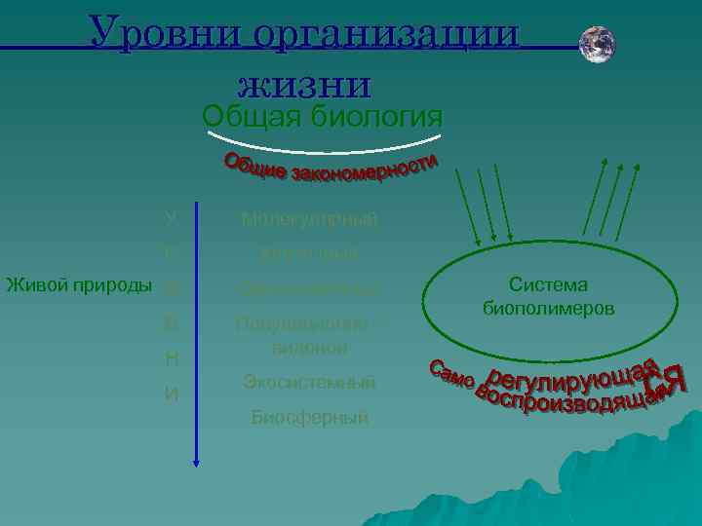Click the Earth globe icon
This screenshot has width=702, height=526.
[x=597, y=45]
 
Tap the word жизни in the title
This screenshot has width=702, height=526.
[x=303, y=82]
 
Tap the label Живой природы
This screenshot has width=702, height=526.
[x=78, y=285]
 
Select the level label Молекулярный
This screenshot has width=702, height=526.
[x=309, y=220]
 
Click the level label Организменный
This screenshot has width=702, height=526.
[x=309, y=288]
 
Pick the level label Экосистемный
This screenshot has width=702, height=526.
[x=309, y=382]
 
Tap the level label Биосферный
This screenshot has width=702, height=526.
[x=309, y=418]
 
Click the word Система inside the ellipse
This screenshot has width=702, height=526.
[x=548, y=285]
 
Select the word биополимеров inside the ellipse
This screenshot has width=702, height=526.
[x=548, y=308]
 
